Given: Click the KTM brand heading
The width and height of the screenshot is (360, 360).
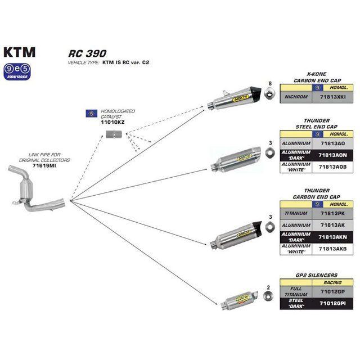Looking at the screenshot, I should point(20,52).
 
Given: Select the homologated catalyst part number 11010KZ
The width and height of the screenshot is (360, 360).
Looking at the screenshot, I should point(112,121).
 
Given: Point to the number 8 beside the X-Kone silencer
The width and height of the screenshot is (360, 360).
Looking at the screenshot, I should point(270,84).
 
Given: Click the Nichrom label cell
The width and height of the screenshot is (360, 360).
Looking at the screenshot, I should point(296,97).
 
